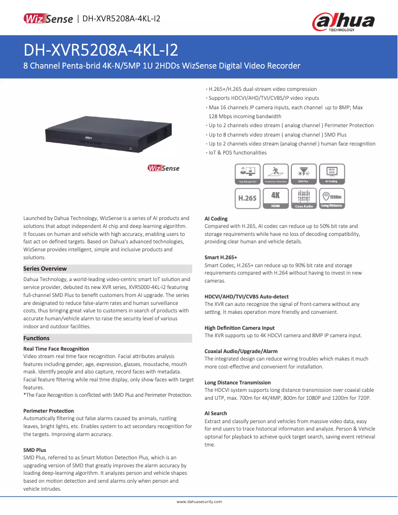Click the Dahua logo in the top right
pos(343,21)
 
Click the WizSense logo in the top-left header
pos(48,19)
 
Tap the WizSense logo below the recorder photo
pos(163,168)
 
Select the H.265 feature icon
pos(247,198)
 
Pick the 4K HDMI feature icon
pos(275,198)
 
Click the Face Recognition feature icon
pos(247,174)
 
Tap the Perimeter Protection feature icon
pos(275,174)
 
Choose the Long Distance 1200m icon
pos(332,198)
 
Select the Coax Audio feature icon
pos(304,198)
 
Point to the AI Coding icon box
pos(332,174)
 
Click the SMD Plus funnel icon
pos(304,174)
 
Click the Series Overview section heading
pos(45,269)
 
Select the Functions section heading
pos(37,338)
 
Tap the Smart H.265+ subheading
pos(221,258)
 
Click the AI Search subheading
pos(216,413)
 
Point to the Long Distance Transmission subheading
pos(238,382)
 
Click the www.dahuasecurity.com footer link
pos(199,502)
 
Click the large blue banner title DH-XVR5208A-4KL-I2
pos(101,50)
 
